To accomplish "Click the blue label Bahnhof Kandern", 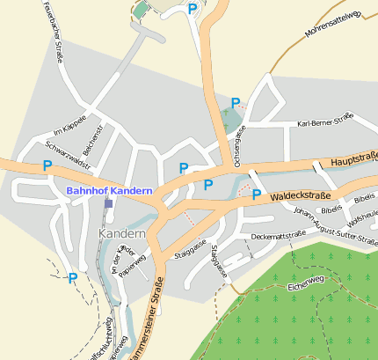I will tap(109, 190).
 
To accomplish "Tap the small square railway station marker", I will tap(108, 203).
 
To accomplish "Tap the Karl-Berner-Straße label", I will tap(324, 120).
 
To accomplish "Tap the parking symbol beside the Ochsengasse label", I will tap(236, 103).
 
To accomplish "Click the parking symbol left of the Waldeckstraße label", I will tap(257, 195).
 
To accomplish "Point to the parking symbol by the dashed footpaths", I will tap(73, 278).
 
